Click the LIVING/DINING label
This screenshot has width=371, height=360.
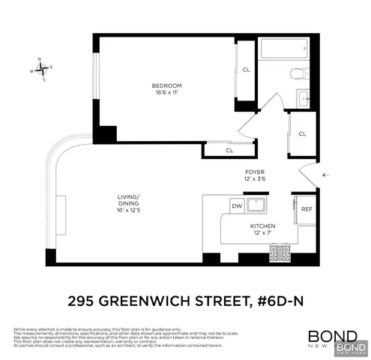tap(128, 199)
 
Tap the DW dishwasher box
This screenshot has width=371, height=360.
tap(236, 205)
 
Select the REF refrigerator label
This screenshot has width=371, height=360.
tap(307, 208)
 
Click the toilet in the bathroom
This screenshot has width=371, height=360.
tap(298, 72)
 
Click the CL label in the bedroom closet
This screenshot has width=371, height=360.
tap(246, 70)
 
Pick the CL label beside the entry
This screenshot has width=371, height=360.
tap(303, 133)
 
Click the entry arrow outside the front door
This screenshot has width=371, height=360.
tap(325, 174)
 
